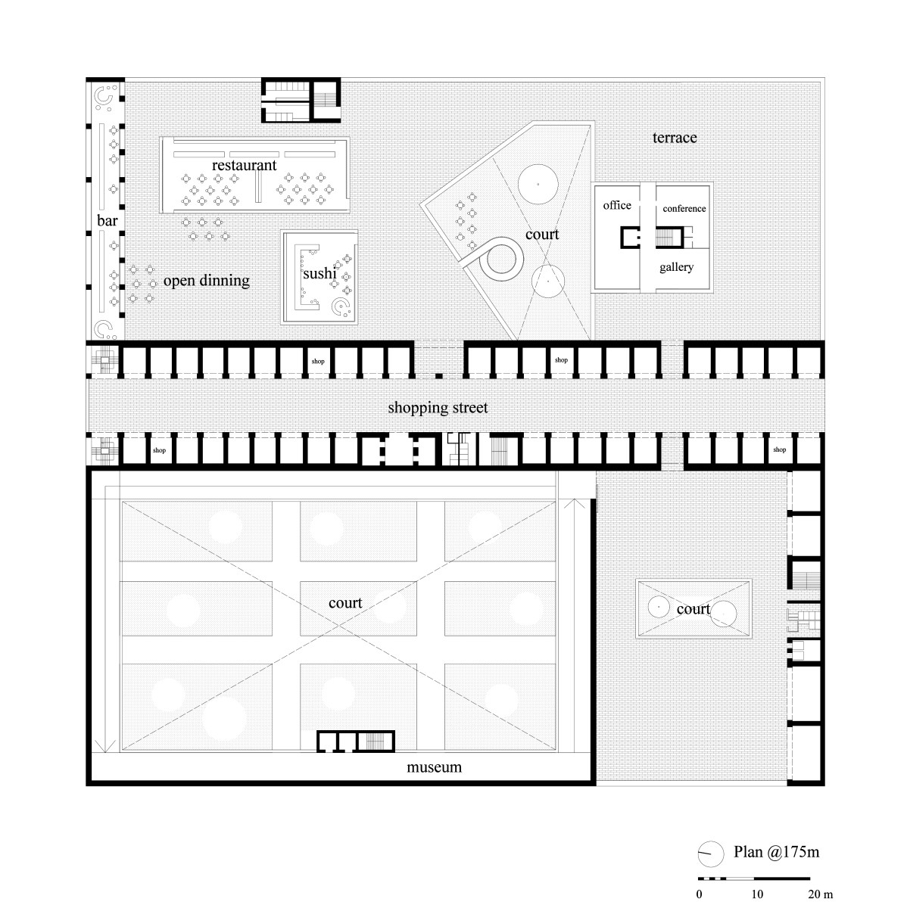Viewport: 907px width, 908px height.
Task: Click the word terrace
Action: [675, 138]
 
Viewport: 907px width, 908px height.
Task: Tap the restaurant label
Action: [244, 165]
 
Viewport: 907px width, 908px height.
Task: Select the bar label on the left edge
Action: [107, 220]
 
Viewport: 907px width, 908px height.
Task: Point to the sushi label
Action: [319, 273]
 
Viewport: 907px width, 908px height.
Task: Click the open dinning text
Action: [207, 281]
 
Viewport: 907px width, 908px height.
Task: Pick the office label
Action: [617, 205]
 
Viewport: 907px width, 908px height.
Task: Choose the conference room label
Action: [684, 208]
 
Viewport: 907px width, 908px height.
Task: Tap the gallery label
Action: [676, 267]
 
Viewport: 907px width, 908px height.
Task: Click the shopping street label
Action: [438, 408]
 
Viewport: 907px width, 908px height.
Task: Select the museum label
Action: [434, 767]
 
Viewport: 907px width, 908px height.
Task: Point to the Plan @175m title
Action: [776, 851]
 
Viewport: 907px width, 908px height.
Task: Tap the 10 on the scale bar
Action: [756, 894]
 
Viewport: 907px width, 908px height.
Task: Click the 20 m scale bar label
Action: [820, 894]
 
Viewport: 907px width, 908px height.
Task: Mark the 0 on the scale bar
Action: [699, 894]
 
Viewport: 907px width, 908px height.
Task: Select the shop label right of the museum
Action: [779, 449]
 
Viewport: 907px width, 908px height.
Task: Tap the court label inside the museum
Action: [345, 602]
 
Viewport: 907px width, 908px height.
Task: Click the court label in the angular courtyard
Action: [542, 234]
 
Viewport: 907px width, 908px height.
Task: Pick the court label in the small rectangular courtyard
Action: [693, 609]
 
